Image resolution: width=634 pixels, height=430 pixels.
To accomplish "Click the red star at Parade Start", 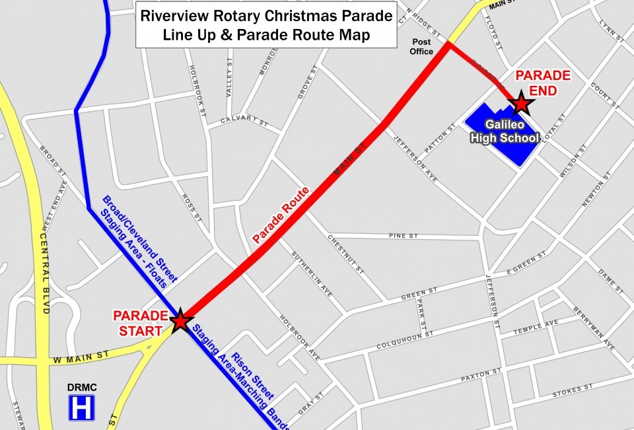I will coord(180,321).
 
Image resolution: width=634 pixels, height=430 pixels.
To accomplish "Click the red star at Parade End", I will coord(521,103).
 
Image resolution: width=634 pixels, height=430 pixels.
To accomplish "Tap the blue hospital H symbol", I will coord(82,408).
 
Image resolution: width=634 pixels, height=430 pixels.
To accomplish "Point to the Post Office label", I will coord(421,46).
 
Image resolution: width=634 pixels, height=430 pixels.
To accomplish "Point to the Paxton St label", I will coord(481,376).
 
